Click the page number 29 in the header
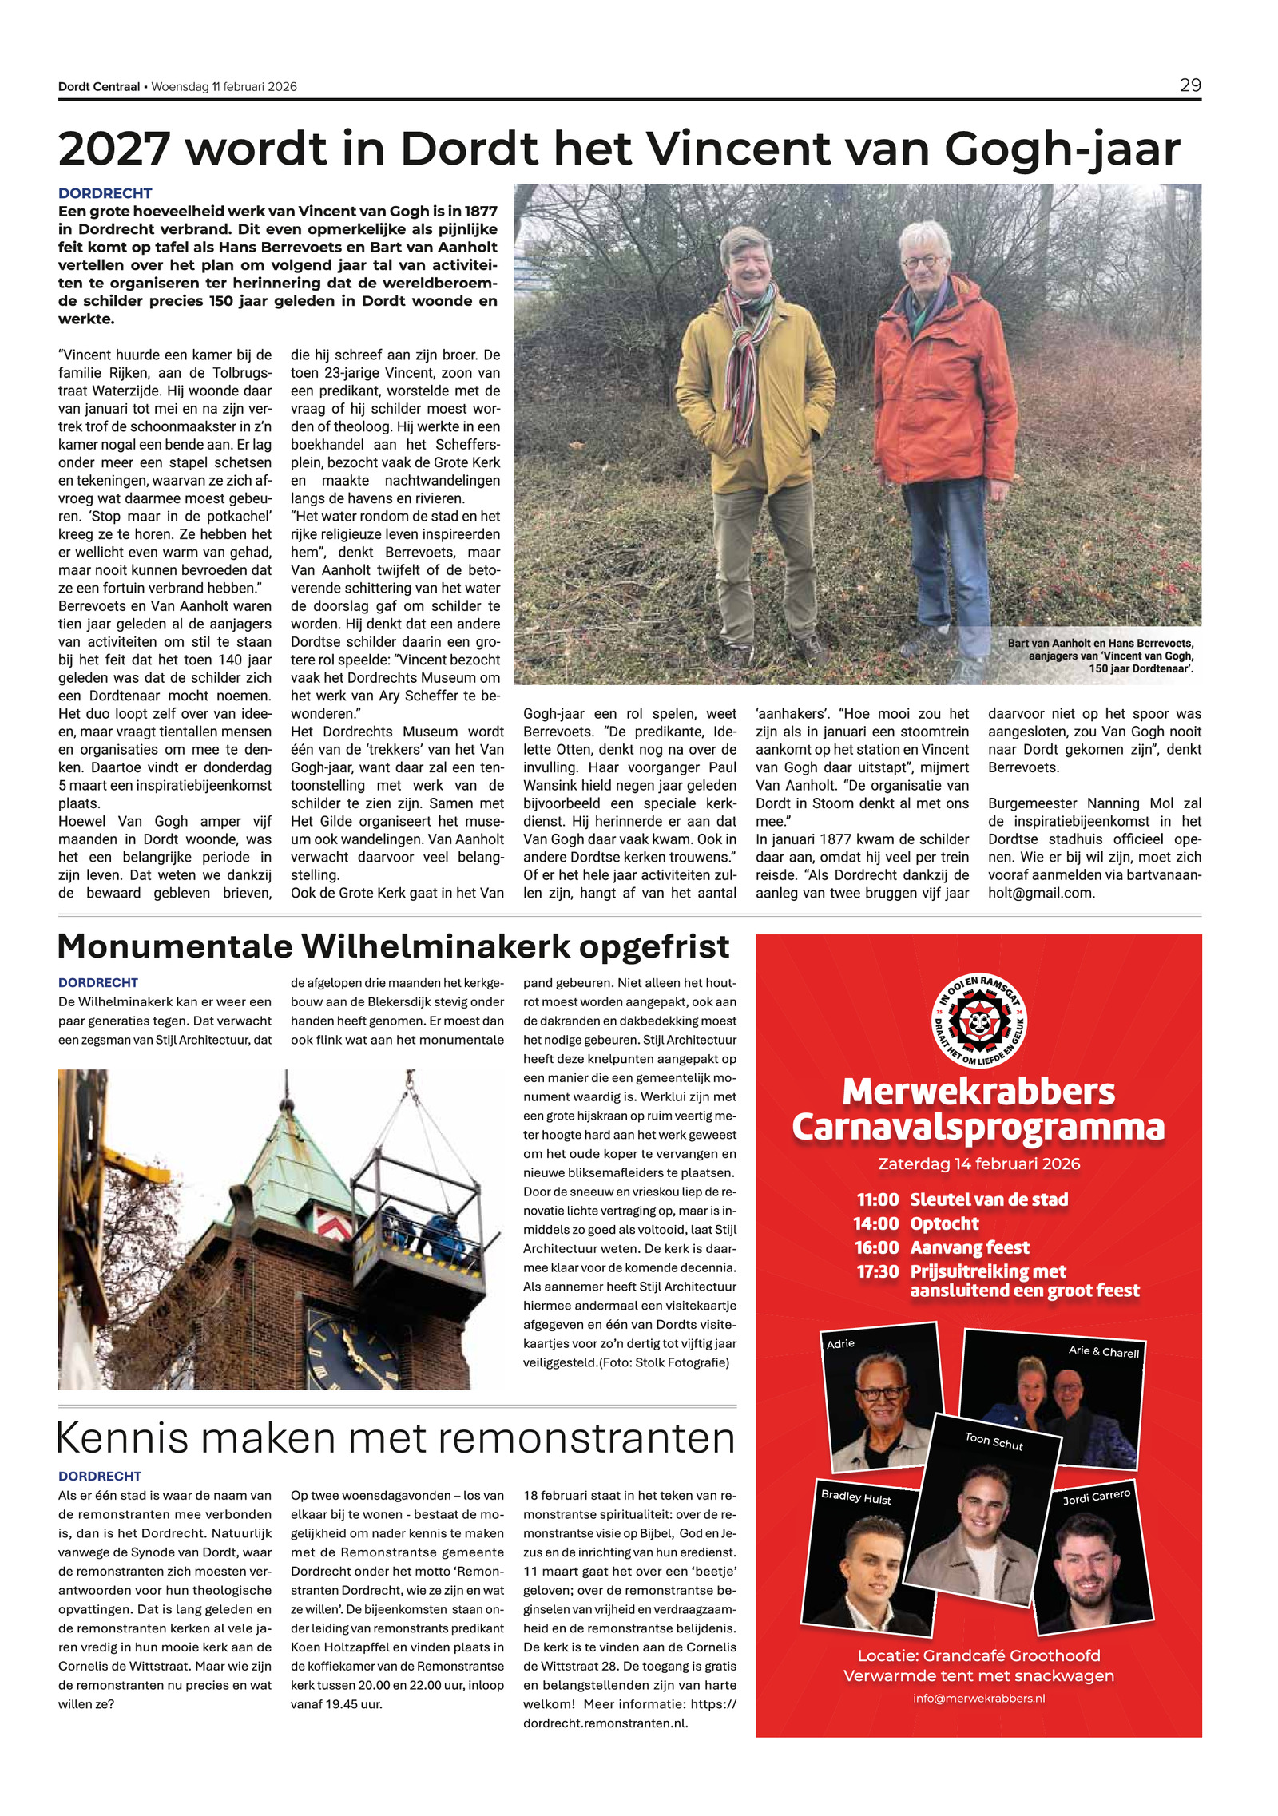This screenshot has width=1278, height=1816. coord(1189,85)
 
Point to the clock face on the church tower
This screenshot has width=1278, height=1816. coord(351,1349)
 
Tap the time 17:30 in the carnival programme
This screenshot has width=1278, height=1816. coord(877,1271)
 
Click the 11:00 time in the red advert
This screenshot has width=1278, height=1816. coord(877,1199)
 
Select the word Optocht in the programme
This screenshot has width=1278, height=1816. coord(944,1223)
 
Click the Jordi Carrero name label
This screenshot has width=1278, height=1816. coord(1096,1497)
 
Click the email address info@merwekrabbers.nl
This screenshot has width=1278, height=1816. coord(978,1699)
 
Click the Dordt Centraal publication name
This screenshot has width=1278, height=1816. coord(99,87)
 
